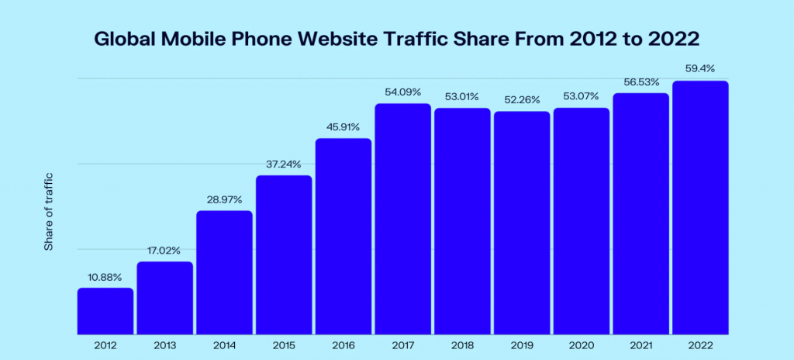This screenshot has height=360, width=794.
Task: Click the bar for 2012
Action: [x=105, y=311]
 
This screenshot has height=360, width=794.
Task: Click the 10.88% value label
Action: [x=105, y=277]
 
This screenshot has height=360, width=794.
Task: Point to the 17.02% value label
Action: [x=165, y=251]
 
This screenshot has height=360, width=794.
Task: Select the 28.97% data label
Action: [x=224, y=200]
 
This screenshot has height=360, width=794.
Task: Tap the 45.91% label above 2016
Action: [x=343, y=127]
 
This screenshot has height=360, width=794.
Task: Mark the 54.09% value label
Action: [x=402, y=92]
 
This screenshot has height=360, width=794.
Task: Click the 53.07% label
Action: [x=581, y=96]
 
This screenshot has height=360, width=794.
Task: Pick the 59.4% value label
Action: [x=700, y=70]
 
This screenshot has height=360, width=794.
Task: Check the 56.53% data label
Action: [x=640, y=82]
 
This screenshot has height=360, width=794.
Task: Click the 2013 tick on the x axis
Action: [x=165, y=345]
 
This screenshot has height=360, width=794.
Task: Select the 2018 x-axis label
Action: [x=462, y=345]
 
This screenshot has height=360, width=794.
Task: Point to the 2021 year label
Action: [x=640, y=345]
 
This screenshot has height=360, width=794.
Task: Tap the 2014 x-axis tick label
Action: [x=224, y=345]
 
